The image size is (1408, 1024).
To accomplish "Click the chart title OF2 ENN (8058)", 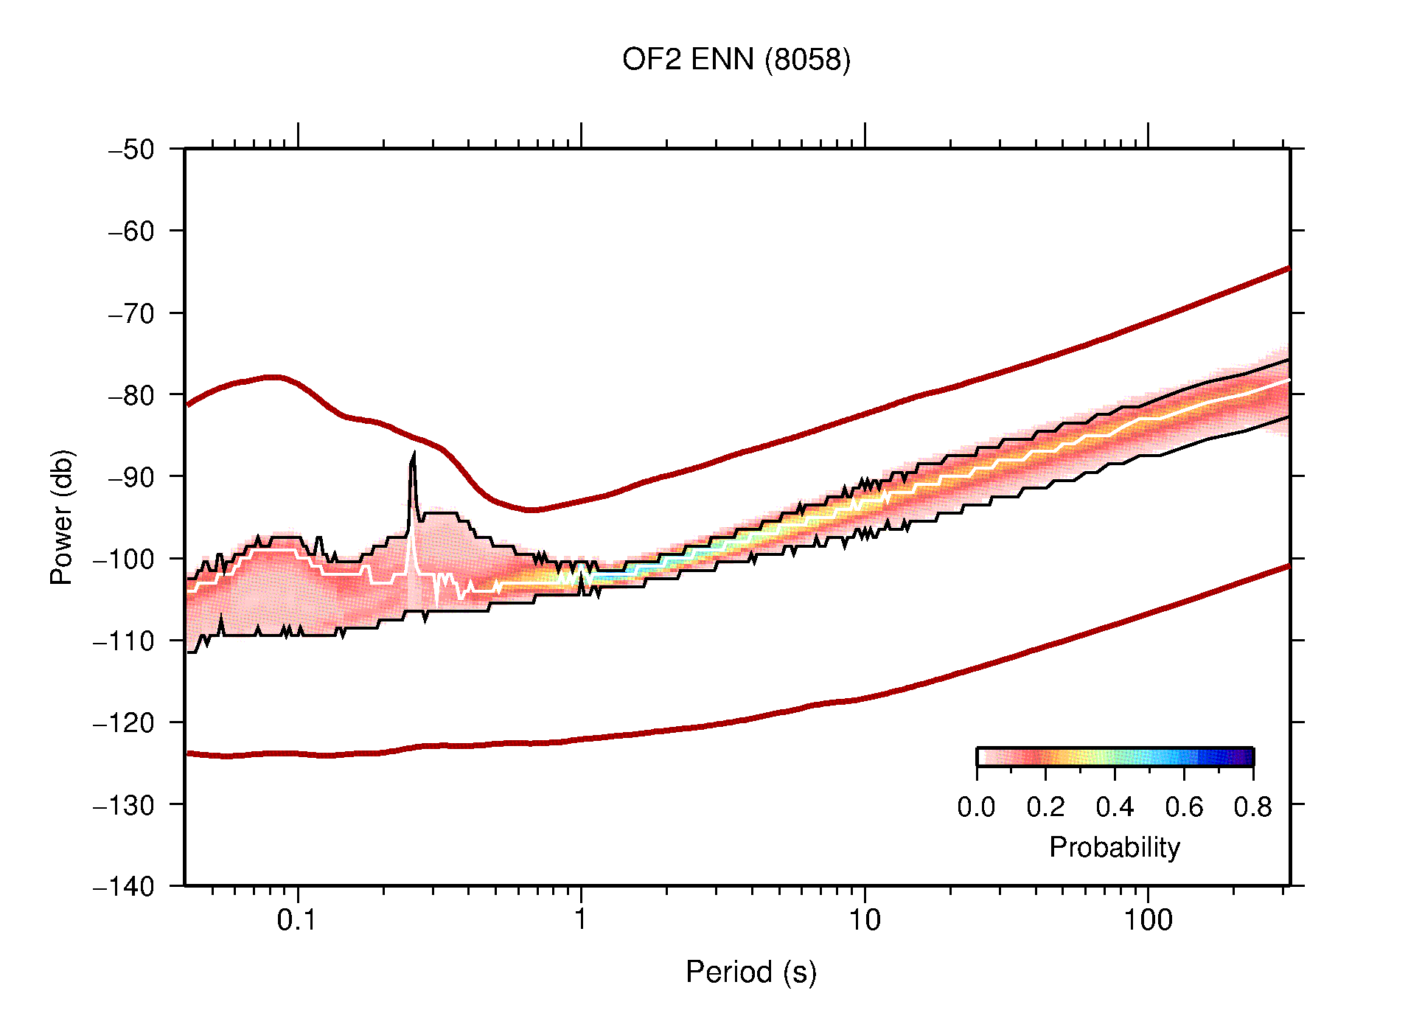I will pyautogui.click(x=736, y=60).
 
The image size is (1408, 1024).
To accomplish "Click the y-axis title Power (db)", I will pyautogui.click(x=62, y=517).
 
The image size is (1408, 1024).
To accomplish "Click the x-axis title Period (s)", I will pyautogui.click(x=750, y=972).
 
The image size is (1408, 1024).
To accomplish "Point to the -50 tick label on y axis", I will pyautogui.click(x=131, y=150).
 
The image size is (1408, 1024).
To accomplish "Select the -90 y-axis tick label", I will pyautogui.click(x=131, y=477).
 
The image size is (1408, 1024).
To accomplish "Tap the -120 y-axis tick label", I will pyautogui.click(x=124, y=723).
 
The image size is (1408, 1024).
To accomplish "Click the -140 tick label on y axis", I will pyautogui.click(x=124, y=886).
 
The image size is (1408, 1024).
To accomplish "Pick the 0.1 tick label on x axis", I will pyautogui.click(x=297, y=920).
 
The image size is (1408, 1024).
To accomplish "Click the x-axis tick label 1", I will pyautogui.click(x=581, y=920).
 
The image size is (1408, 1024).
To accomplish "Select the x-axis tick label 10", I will pyautogui.click(x=864, y=920).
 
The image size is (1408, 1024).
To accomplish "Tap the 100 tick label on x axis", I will pyautogui.click(x=1147, y=920).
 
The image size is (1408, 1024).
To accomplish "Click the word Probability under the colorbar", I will pyautogui.click(x=1114, y=847).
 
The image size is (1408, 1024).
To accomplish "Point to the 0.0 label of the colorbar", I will pyautogui.click(x=976, y=807).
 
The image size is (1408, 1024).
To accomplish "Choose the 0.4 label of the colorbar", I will pyautogui.click(x=1115, y=807).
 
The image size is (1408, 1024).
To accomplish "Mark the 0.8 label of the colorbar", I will pyautogui.click(x=1252, y=807).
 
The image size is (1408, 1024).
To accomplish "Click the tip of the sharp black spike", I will pyautogui.click(x=414, y=452).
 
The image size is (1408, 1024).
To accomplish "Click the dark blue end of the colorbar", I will pyautogui.click(x=1246, y=757).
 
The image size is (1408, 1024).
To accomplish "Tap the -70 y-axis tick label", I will pyautogui.click(x=131, y=313).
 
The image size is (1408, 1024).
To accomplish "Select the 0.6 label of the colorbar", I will pyautogui.click(x=1184, y=807).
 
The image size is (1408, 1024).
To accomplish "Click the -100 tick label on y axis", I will pyautogui.click(x=124, y=559).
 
